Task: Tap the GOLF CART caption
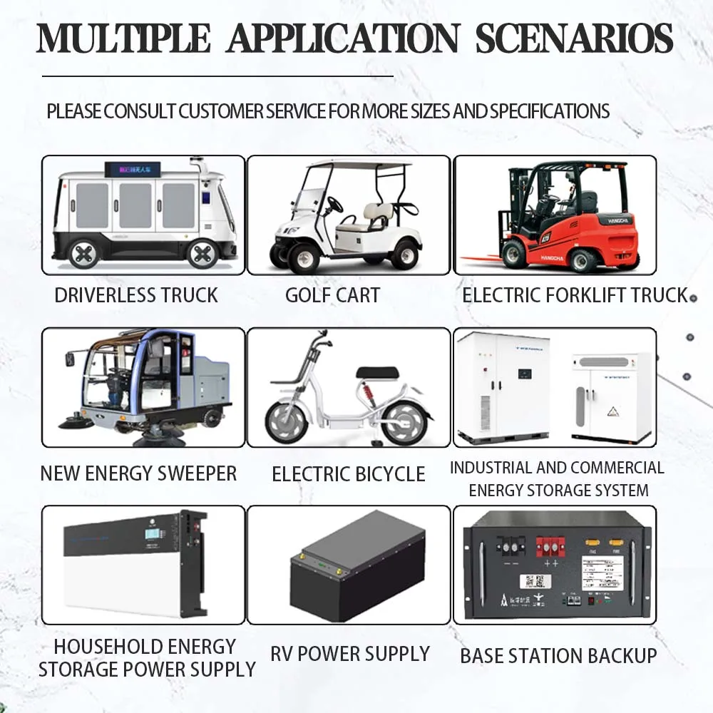pos(332,295)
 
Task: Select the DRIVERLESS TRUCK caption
pos(136,295)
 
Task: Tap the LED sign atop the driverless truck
pos(133,170)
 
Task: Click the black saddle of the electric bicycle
pos(377,373)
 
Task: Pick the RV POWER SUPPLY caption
pos(350,654)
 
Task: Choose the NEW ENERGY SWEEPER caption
pos(138,473)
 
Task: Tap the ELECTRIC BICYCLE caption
pos(349,474)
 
